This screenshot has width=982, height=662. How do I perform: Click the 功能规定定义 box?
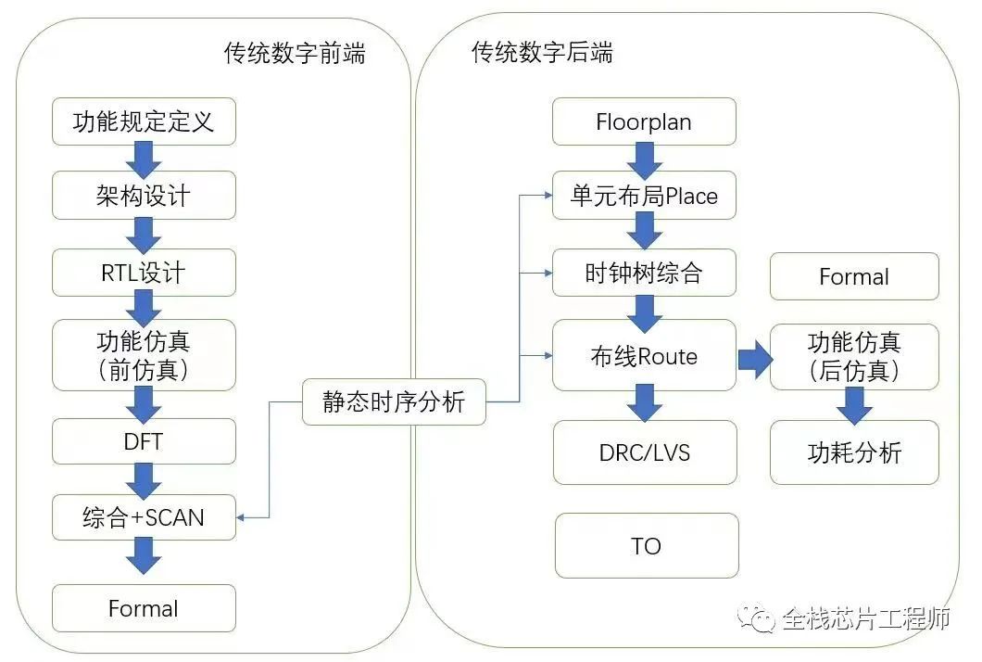coord(144,121)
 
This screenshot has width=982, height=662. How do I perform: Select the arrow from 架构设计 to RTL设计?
coord(144,235)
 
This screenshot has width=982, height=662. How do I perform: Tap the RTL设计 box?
coord(144,273)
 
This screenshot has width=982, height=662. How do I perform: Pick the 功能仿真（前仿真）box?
coord(144,355)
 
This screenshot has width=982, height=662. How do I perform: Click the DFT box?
coord(144,441)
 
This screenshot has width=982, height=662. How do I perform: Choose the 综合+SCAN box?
coord(144,517)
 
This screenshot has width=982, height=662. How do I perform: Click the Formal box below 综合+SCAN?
coord(144,608)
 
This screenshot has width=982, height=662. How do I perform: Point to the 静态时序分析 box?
coord(394,402)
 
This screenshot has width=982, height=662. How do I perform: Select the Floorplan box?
coord(644,121)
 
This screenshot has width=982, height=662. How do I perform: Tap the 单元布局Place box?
coord(644,196)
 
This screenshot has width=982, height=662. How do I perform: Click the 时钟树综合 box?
coord(644,273)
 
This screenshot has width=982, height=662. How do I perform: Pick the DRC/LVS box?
coord(645,452)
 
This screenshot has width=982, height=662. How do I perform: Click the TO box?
coord(646,545)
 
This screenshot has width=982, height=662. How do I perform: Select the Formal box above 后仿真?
coord(853,276)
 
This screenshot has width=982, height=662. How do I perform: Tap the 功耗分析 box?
coord(853,452)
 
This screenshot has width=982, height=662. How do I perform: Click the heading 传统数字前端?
coord(295,53)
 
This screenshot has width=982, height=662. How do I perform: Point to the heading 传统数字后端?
coord(542,52)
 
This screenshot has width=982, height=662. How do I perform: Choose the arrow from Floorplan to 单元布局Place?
coord(644,159)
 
